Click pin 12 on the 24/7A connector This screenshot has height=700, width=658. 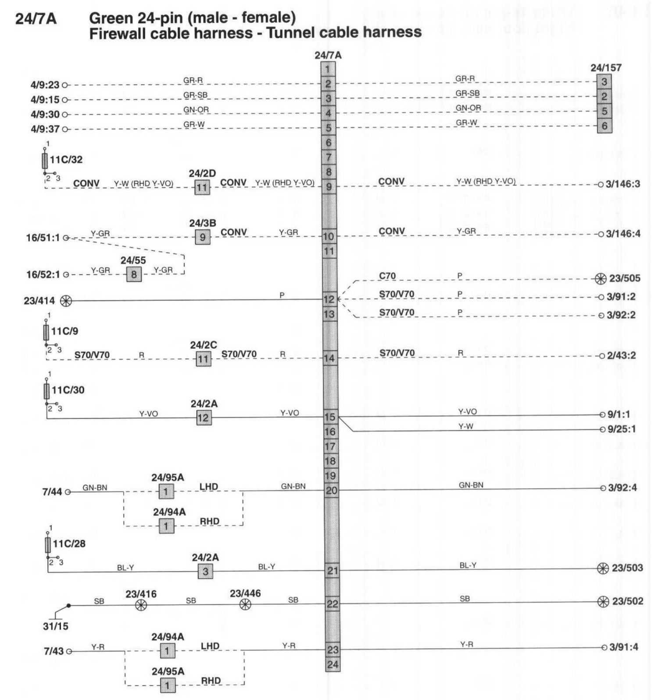coord(329,300)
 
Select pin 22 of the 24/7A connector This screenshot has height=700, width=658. coord(332,604)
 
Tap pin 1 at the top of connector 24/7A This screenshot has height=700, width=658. coord(328,69)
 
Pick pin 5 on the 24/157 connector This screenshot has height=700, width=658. coord(604,111)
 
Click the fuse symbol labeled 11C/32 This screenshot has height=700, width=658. coord(45,161)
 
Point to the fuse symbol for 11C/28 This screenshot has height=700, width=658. coord(48,545)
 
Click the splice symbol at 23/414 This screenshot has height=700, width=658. coord(66,301)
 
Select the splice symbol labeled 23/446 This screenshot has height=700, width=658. coord(246,605)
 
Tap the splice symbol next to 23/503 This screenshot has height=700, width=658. coord(603,568)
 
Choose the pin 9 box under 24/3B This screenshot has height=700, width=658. coord(203,237)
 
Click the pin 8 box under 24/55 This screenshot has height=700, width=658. coord(134,275)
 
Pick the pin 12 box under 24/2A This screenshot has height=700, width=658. coord(204,418)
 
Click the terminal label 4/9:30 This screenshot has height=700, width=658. coord(45,114)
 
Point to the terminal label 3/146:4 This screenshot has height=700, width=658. coord(623,234)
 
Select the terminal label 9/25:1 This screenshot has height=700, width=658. coord(622,429)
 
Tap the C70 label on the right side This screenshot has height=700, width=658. coord(387,276)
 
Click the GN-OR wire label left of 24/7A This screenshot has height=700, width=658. coord(196,110)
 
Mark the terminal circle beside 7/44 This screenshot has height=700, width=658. coord(68,492)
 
